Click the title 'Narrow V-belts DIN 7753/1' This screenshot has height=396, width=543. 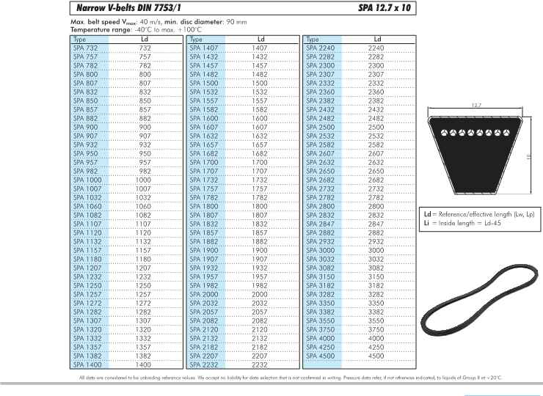125,9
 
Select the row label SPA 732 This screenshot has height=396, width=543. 85,48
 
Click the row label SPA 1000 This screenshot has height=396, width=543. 87,180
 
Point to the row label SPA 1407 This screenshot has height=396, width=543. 203,48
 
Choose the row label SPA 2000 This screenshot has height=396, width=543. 203,293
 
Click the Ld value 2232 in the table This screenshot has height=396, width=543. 260,364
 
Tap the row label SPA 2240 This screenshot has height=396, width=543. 320,48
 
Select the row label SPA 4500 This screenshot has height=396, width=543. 320,356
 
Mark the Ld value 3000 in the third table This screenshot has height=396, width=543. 376,250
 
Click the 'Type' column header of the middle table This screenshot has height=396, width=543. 196,39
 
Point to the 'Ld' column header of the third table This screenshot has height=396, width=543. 376,39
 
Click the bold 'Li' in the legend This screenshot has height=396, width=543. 427,221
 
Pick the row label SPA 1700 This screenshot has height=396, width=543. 203,162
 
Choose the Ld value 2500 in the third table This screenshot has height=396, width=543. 376,127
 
